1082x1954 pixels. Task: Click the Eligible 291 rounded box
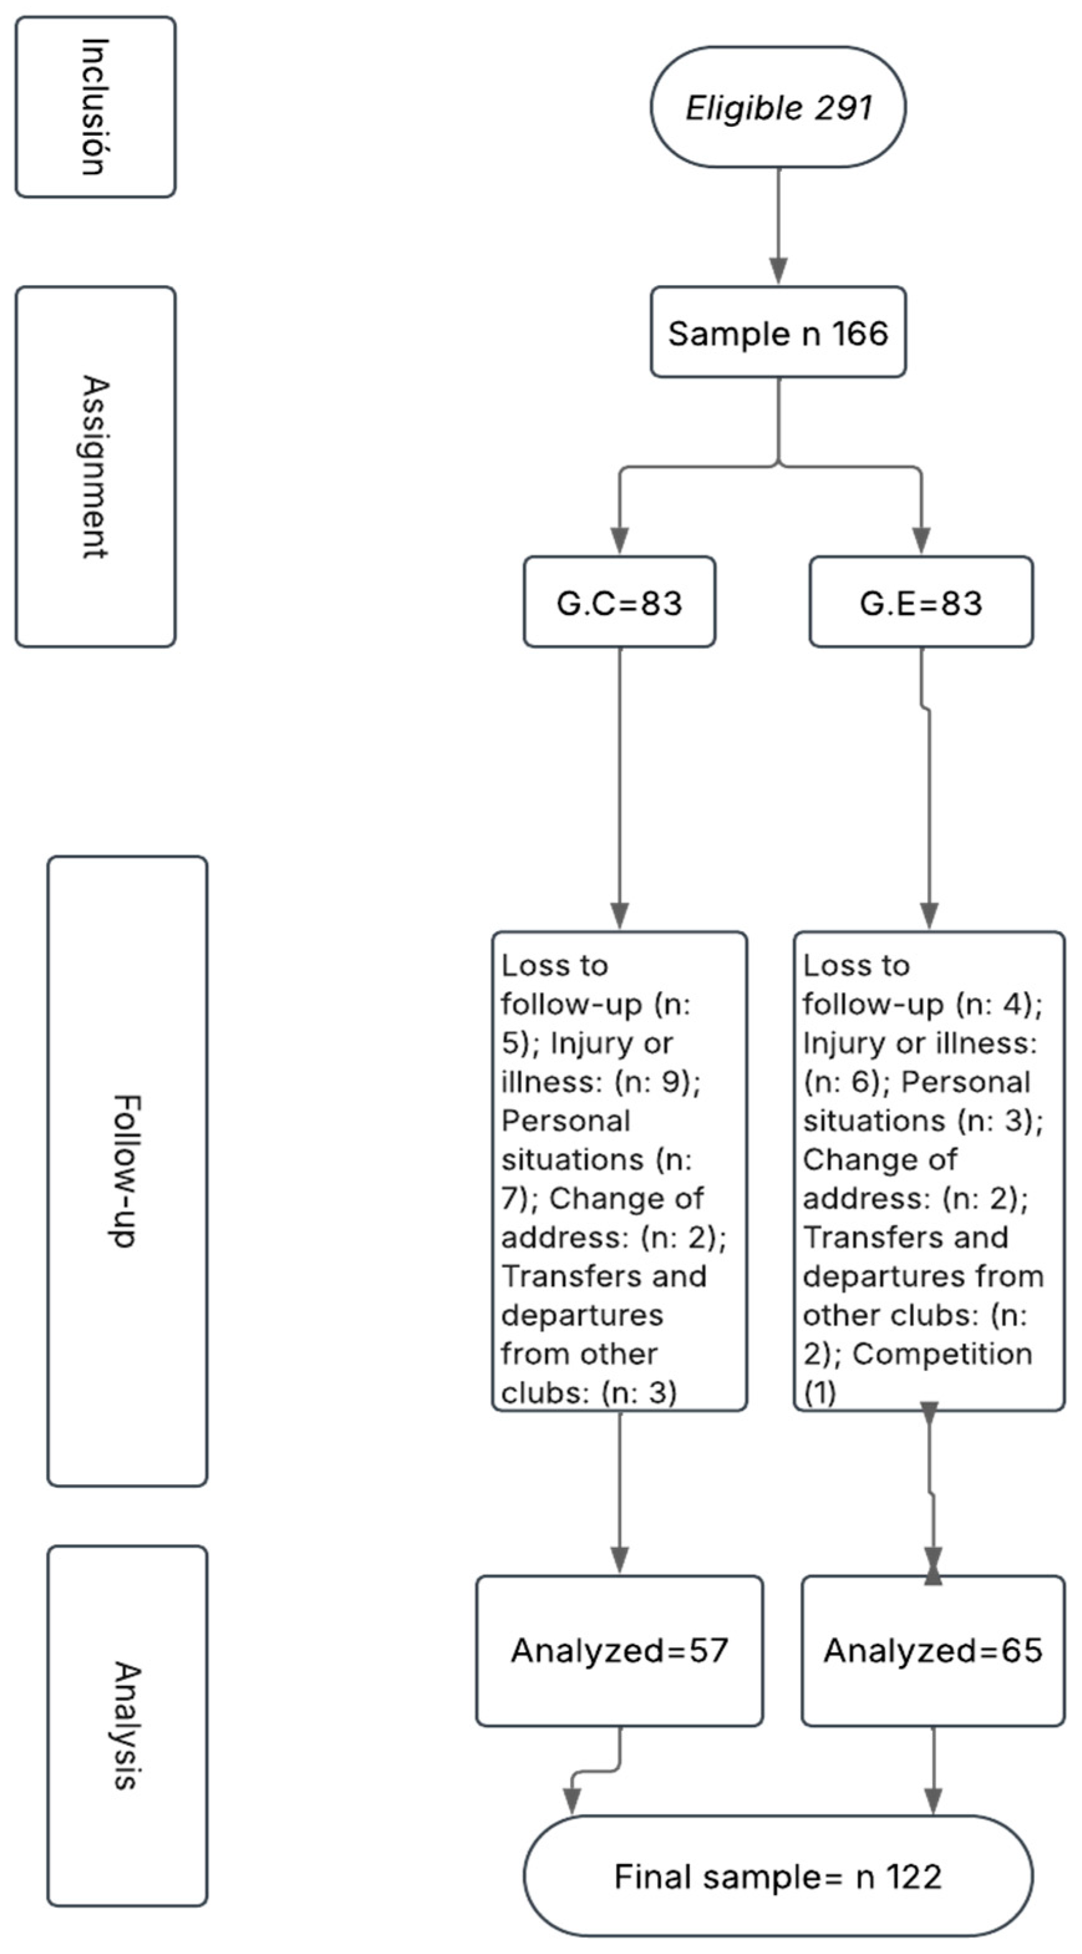pyautogui.click(x=778, y=107)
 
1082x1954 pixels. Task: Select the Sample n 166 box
pyautogui.click(x=778, y=332)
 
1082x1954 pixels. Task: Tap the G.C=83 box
pyautogui.click(x=619, y=602)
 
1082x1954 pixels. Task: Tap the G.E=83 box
pyautogui.click(x=920, y=602)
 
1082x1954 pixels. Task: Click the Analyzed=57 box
pyautogui.click(x=619, y=1650)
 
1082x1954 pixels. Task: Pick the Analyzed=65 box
pyautogui.click(x=933, y=1650)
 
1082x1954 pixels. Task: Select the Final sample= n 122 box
pyautogui.click(x=778, y=1877)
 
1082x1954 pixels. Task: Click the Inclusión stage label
pyautogui.click(x=96, y=107)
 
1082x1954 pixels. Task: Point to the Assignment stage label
pyautogui.click(x=96, y=467)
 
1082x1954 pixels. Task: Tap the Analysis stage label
pyautogui.click(x=127, y=1726)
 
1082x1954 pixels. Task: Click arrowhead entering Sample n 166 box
pyautogui.click(x=778, y=271)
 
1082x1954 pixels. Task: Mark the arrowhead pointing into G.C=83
pyautogui.click(x=619, y=540)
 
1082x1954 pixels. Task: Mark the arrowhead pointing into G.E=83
pyautogui.click(x=920, y=540)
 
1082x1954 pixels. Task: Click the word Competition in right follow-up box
pyautogui.click(x=943, y=1354)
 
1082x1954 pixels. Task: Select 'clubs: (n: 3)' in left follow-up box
pyautogui.click(x=589, y=1393)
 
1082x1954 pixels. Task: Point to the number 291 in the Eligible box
pyautogui.click(x=844, y=107)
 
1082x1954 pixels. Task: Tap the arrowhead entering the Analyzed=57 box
pyautogui.click(x=619, y=1560)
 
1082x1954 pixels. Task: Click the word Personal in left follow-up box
pyautogui.click(x=566, y=1120)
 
